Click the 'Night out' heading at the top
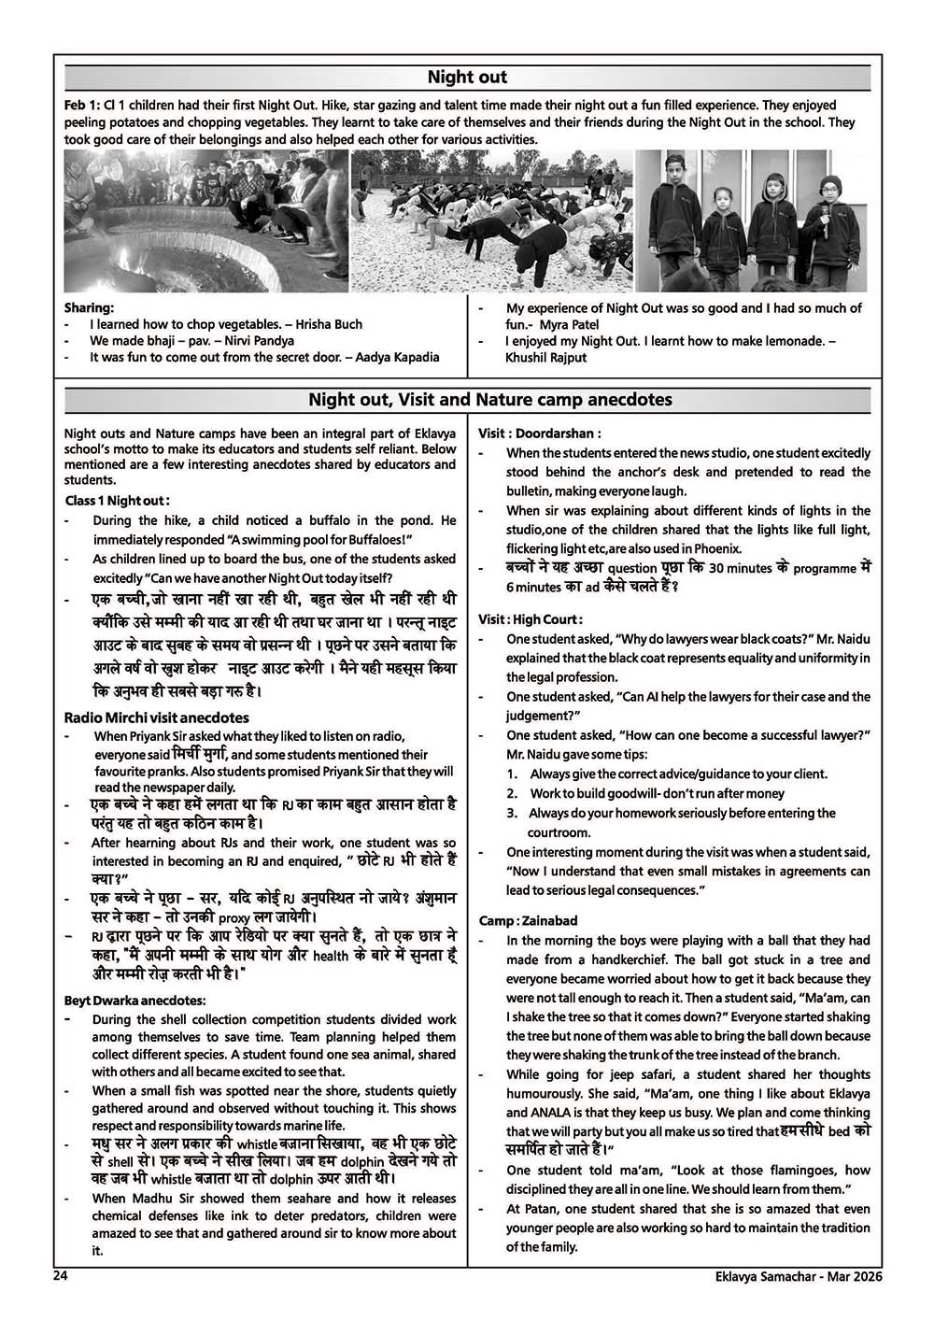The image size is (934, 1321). (467, 77)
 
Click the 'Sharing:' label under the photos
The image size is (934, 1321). (89, 307)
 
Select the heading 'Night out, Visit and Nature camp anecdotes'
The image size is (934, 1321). (490, 400)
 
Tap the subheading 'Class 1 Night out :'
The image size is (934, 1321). (118, 501)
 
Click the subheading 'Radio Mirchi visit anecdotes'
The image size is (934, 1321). (157, 717)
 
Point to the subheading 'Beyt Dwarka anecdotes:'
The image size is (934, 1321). (134, 1001)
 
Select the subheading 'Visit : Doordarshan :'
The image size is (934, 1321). (540, 433)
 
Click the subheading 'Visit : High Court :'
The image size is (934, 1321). (531, 619)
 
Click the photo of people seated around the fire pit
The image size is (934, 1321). (205, 221)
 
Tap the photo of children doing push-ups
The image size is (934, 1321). (492, 221)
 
